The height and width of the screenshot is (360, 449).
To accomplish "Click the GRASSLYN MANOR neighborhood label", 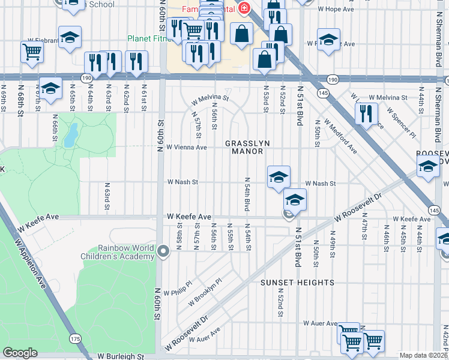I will (x=244, y=147).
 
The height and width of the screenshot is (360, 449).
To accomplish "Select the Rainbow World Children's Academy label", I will (x=117, y=253).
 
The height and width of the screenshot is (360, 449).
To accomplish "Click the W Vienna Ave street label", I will (x=186, y=147).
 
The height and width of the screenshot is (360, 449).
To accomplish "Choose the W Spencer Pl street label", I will (x=400, y=122).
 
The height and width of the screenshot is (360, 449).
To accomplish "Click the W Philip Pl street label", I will (x=180, y=290).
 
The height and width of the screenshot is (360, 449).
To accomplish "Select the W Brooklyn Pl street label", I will (x=206, y=291).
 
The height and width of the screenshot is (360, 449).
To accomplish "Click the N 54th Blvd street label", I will (x=247, y=193).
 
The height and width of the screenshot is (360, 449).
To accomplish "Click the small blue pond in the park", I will (x=71, y=136).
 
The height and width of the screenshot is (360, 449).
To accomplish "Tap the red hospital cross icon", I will (x=243, y=8).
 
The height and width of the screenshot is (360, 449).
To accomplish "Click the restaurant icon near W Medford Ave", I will (x=366, y=113).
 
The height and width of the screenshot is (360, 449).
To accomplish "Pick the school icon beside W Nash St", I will (x=279, y=178).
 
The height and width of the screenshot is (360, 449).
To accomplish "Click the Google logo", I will (x=20, y=353).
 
